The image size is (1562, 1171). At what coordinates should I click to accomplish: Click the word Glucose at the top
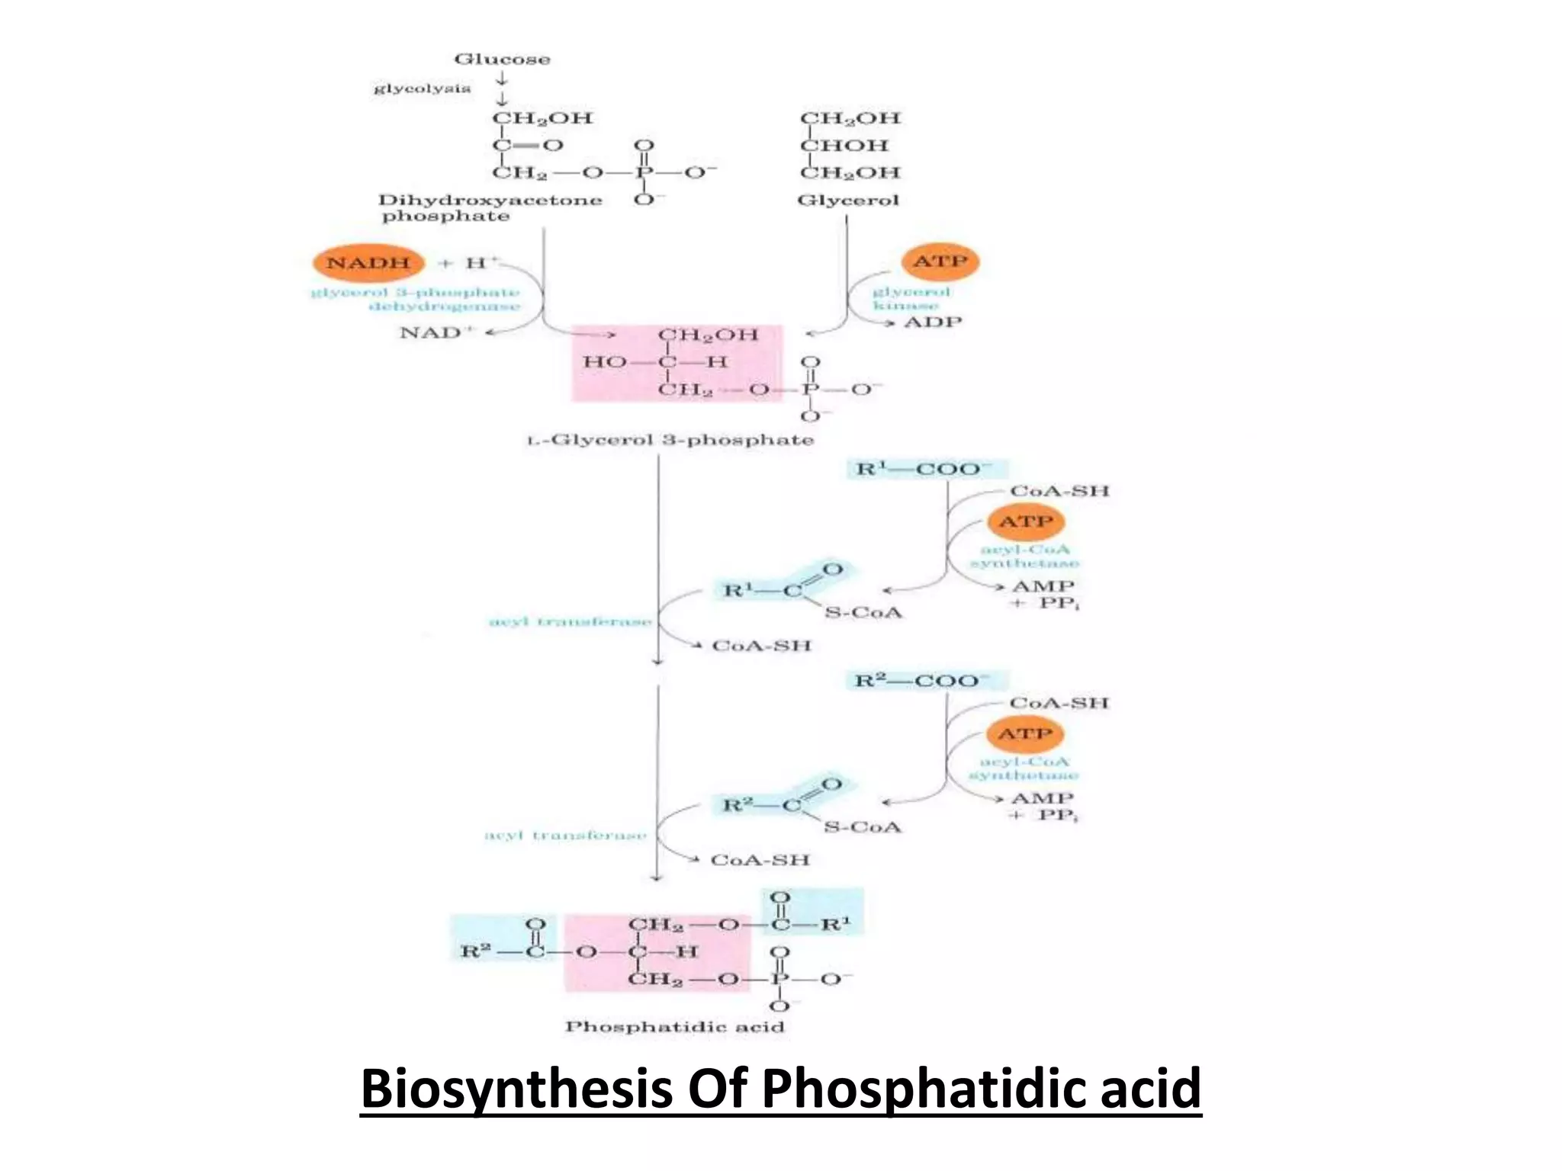click(502, 59)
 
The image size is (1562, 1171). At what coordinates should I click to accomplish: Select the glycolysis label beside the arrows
click(422, 88)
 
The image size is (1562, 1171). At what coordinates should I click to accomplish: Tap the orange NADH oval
click(368, 263)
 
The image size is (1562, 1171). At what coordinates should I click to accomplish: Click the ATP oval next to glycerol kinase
click(940, 261)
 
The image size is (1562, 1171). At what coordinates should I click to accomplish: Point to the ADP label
click(933, 322)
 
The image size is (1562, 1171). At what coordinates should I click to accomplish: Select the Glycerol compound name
click(848, 201)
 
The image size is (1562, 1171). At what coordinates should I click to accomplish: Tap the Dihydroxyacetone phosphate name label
click(490, 208)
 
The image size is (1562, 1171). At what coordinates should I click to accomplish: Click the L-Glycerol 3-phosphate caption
click(670, 440)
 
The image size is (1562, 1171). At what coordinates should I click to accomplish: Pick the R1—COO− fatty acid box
click(925, 468)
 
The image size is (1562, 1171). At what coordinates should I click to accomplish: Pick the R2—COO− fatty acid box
click(925, 680)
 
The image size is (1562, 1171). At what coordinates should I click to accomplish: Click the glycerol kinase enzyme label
click(911, 298)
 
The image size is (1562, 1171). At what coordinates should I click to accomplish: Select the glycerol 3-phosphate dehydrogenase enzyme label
click(416, 299)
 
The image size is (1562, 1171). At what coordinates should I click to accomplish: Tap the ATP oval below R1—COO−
click(1025, 522)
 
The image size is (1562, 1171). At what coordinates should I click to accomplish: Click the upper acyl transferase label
click(570, 621)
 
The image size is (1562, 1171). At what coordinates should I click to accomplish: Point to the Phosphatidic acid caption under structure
click(674, 1027)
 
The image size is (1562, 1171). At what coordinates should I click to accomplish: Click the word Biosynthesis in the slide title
click(516, 1089)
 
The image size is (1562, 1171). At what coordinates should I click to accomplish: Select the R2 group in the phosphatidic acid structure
click(472, 951)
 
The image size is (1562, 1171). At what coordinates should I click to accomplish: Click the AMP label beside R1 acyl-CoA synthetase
click(1043, 586)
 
